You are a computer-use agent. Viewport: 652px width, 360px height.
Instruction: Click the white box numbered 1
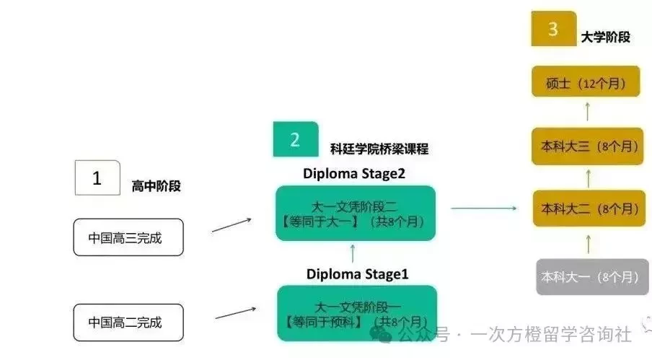point(97,178)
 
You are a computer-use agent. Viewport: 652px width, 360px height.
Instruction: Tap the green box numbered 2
point(296,139)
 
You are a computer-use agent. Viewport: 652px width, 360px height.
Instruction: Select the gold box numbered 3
point(553,29)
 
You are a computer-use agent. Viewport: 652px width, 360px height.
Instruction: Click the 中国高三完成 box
point(128,237)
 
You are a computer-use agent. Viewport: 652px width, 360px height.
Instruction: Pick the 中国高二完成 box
point(128,322)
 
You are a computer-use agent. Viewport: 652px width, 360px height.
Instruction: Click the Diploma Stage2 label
point(354,173)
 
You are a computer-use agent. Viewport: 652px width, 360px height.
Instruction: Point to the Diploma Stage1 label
point(357,274)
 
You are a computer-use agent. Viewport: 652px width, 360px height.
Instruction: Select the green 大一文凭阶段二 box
point(356,214)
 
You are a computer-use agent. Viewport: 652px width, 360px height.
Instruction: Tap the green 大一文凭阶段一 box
point(357,313)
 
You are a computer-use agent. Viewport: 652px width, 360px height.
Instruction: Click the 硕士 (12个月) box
point(586,82)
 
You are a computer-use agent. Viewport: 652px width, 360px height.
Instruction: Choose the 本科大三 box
point(588,146)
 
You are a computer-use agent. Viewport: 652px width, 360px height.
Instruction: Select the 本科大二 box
point(589,208)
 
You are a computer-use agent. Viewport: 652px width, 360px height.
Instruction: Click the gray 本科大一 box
point(592,277)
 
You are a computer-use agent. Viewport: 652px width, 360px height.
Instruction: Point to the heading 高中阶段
point(157,186)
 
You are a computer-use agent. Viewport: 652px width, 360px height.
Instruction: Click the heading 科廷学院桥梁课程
point(379,149)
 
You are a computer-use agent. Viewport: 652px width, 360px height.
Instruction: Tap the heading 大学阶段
point(605,37)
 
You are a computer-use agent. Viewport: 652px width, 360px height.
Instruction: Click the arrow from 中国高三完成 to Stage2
point(232,225)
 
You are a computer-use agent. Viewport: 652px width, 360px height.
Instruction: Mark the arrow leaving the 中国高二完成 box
point(235,313)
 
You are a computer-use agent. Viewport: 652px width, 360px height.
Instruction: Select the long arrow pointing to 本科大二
point(484,208)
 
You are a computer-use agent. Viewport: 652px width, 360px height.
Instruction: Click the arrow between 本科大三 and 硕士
point(588,112)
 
